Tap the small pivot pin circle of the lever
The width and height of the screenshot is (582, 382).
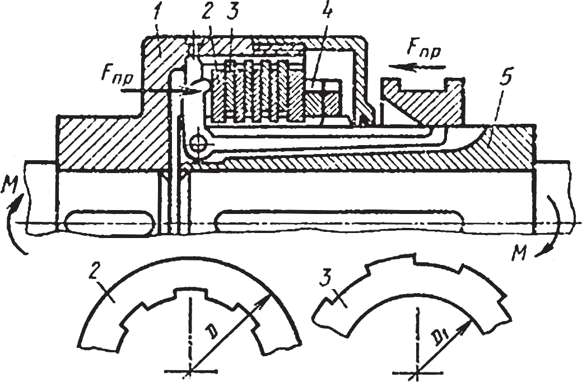click(198, 144)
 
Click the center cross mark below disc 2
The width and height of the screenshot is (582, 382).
click(191, 370)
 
